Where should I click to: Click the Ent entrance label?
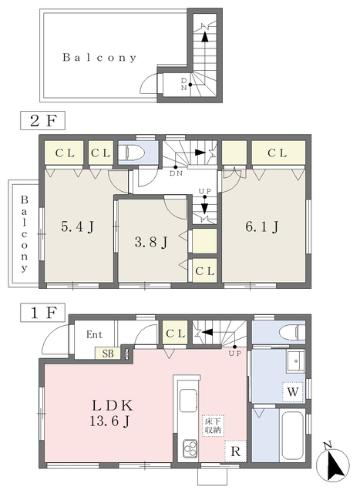pos(94,335)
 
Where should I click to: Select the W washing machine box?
pos(294,391)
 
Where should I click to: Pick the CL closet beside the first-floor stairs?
pos(174,334)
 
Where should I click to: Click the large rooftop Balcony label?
pos(100,58)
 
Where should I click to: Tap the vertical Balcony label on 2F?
pos(24,234)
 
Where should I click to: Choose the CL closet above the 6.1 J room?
pos(278,153)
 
